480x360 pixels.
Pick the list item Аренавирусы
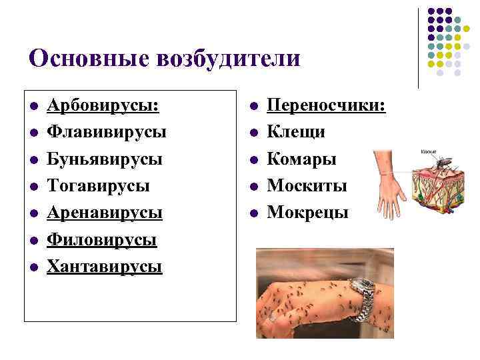tap(105, 213)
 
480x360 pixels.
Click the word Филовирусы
tap(102, 240)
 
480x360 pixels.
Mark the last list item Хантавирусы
tap(105, 267)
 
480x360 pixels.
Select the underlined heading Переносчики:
tap(326, 106)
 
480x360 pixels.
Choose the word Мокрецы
tap(307, 213)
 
